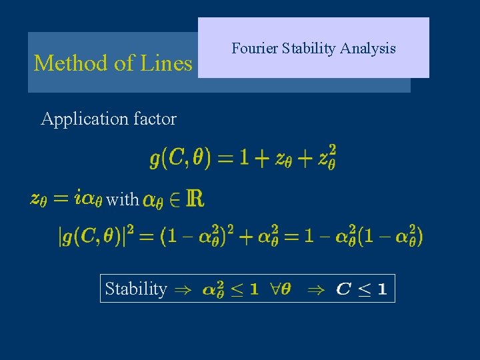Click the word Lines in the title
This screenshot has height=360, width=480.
[166, 63]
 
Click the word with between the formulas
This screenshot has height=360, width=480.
[123, 199]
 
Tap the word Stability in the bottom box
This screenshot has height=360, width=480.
[136, 289]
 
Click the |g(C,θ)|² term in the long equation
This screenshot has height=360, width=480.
[101, 237]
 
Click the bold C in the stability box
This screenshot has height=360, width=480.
[344, 289]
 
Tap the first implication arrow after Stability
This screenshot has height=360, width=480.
[181, 289]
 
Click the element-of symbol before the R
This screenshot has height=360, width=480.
[177, 199]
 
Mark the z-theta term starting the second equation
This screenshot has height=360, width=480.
[38, 199]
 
